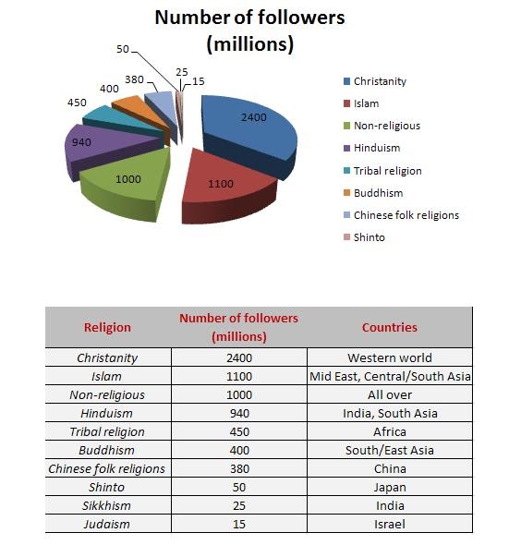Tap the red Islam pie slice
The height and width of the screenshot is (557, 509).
[x=222, y=185]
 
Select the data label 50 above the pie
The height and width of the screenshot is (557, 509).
[x=123, y=47]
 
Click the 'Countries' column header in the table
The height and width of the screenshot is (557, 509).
[x=389, y=327]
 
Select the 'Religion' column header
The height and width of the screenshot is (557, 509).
[x=107, y=327]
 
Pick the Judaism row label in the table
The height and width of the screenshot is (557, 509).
[x=107, y=524]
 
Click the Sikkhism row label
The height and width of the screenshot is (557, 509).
[x=107, y=505]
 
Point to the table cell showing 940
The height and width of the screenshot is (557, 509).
[x=238, y=413]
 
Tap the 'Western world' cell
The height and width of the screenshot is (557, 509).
[x=389, y=357]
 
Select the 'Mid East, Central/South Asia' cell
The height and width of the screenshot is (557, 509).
[x=389, y=376]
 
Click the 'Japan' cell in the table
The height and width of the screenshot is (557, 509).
[x=389, y=487]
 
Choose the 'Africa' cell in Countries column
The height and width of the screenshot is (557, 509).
[x=389, y=431]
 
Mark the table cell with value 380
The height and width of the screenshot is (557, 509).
[x=238, y=468]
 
